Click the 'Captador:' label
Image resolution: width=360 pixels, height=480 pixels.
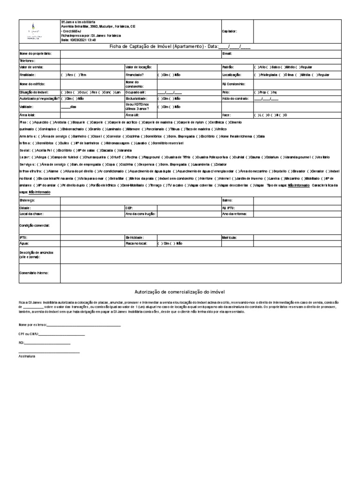(x=229, y=31)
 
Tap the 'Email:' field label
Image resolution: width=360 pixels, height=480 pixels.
(x=227, y=54)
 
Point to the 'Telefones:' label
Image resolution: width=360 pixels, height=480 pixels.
(x=27, y=61)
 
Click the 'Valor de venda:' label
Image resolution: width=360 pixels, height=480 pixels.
(x=30, y=67)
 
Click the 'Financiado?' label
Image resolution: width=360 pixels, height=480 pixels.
(x=135, y=75)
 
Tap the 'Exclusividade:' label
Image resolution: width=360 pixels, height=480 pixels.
(x=136, y=99)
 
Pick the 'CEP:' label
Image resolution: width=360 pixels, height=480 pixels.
(x=129, y=207)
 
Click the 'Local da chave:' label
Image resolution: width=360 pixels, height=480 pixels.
(x=31, y=214)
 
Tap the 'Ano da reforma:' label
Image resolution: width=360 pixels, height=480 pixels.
(x=235, y=214)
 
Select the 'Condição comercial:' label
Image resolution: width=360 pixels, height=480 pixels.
(x=34, y=225)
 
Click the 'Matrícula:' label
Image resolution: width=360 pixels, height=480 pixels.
(x=230, y=238)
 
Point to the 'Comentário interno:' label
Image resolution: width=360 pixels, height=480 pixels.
(x=34, y=272)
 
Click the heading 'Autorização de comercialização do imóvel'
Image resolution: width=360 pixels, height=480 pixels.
(x=180, y=291)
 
